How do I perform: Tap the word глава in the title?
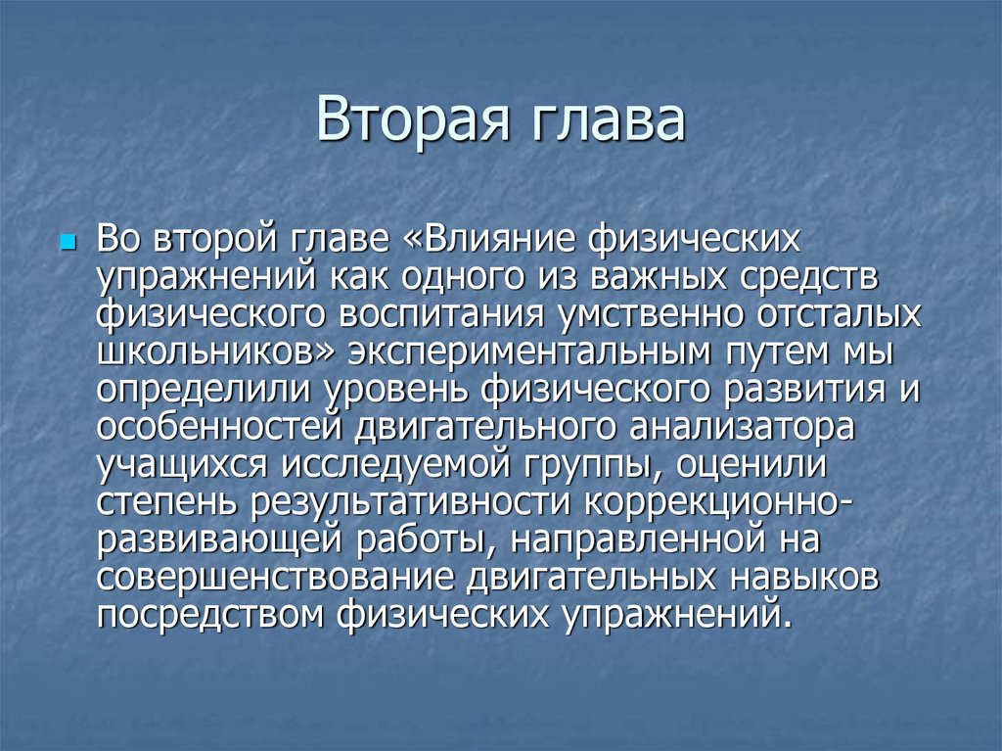pos(600,123)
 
